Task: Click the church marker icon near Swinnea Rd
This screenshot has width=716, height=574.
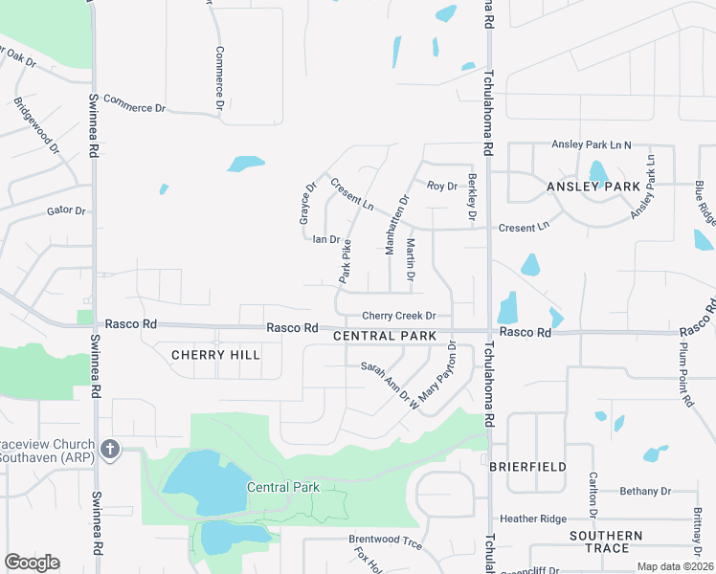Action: [x=110, y=448]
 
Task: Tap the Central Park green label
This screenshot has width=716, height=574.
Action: [x=282, y=488]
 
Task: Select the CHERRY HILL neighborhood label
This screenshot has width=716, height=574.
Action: [x=215, y=355]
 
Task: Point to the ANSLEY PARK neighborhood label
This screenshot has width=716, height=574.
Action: [x=593, y=187]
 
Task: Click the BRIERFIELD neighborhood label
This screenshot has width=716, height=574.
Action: [x=527, y=467]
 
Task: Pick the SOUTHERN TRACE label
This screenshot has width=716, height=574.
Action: [x=606, y=541]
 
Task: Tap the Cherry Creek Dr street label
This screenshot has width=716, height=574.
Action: [x=399, y=316]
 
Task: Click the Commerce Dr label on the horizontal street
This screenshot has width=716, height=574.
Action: [x=134, y=102]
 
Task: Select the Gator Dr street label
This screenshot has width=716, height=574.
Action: [x=66, y=210]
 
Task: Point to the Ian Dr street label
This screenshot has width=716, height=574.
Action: [x=326, y=239]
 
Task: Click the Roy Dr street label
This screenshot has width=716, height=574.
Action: [x=442, y=186]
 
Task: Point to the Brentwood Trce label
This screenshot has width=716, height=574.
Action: [x=385, y=540]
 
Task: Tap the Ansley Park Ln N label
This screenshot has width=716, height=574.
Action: [x=592, y=144]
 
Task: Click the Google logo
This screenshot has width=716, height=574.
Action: [x=32, y=563]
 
